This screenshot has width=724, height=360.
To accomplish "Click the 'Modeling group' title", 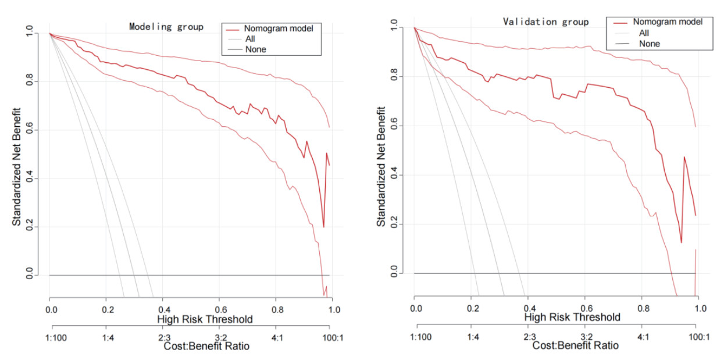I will pyautogui.click(x=166, y=27).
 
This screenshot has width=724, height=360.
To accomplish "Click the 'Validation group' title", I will pyautogui.click(x=545, y=22).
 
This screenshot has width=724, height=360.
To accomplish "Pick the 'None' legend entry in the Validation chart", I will pyautogui.click(x=649, y=44).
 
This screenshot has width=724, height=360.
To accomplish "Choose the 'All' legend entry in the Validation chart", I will pyautogui.click(x=644, y=33).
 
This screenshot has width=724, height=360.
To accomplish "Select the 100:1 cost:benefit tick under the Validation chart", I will pyautogui.click(x=696, y=336).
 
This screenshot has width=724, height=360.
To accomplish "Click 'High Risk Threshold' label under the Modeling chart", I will pyautogui.click(x=204, y=319).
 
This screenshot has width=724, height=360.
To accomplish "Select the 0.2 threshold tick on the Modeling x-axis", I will pyautogui.click(x=106, y=309).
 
